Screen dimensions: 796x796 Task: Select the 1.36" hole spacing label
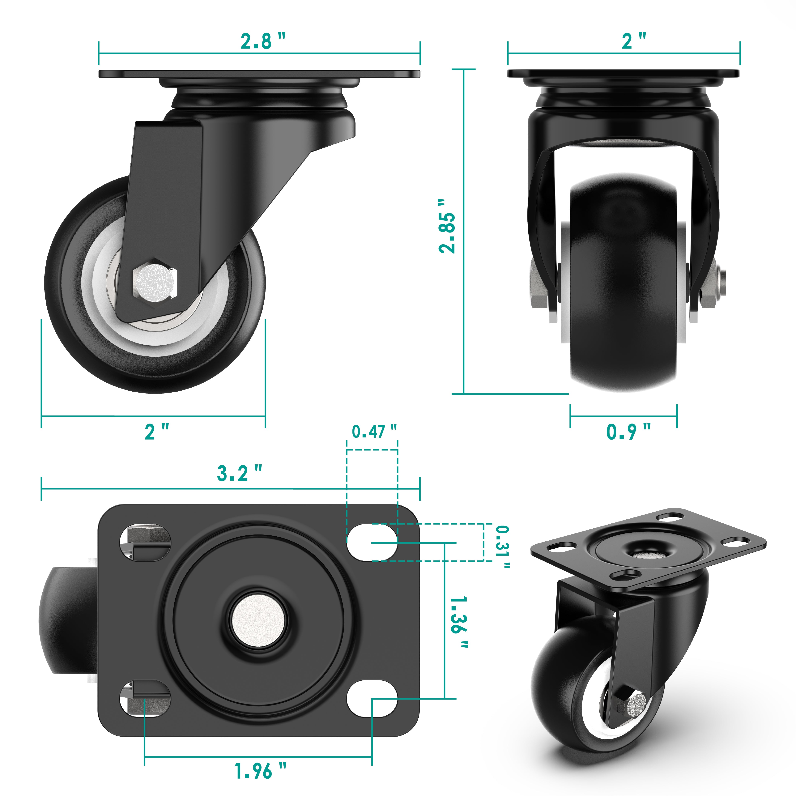coord(459,622)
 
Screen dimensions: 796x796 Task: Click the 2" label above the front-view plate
coord(633,41)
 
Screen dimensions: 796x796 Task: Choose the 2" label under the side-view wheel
coord(157,431)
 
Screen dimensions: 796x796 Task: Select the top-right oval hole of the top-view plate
coord(372,542)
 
